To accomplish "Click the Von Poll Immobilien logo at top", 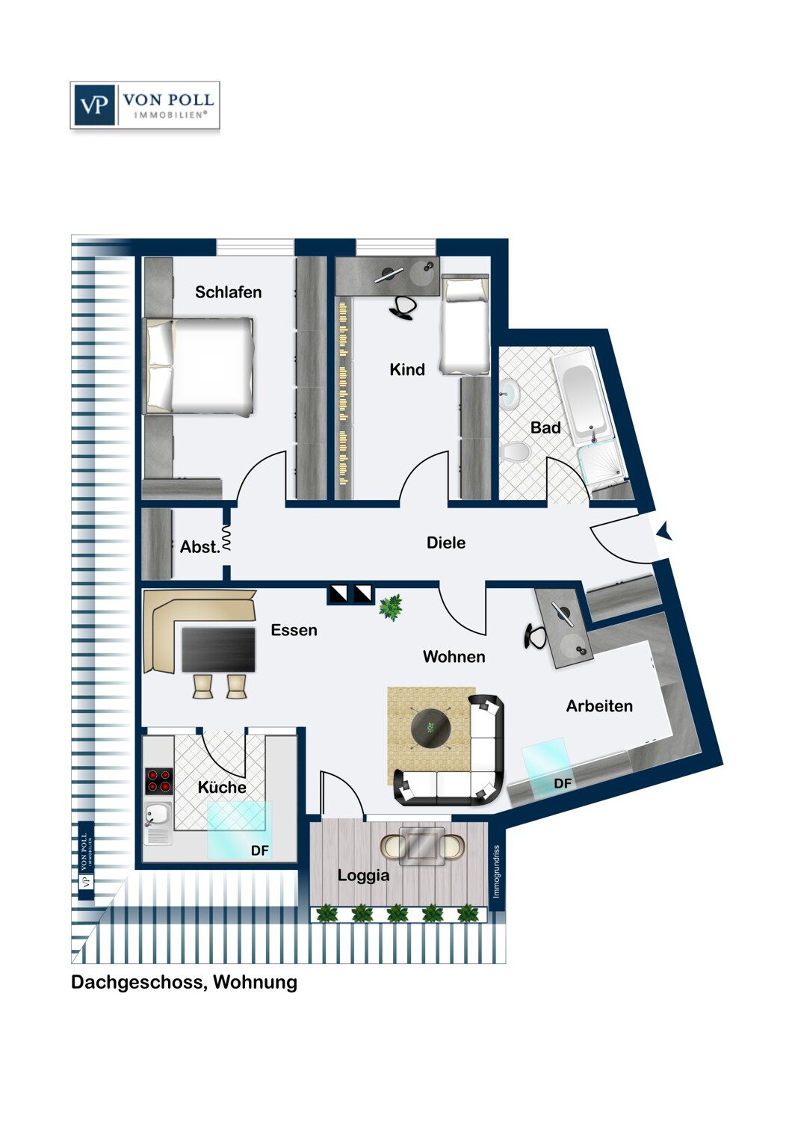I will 145,105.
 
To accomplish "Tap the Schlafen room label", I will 228,292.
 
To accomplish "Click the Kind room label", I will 407,369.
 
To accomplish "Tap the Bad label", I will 545,427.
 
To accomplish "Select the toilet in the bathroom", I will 515,451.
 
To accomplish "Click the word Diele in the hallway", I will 446,543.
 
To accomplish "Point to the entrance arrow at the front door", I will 664,531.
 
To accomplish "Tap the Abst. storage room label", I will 199,547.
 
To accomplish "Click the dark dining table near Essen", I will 218,649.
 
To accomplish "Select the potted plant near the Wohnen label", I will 391,607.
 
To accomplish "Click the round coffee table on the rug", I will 430,726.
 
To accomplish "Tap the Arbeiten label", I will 599,706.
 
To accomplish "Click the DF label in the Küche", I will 260,850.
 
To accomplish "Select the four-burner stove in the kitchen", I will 158,781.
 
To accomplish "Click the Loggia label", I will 363,875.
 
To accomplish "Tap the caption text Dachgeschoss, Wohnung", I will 184,982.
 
